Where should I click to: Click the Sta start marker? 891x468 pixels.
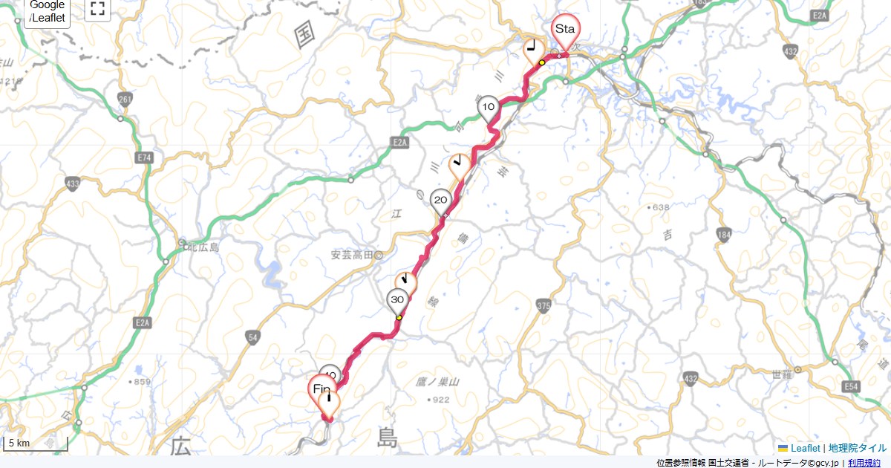coord(565,30)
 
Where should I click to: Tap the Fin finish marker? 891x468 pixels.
coord(322,389)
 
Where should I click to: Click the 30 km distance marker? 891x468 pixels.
coord(397,300)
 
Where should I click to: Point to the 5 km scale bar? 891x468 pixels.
coord(36,444)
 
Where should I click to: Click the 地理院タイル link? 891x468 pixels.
coord(858,448)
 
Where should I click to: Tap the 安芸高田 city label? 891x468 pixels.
coord(351,255)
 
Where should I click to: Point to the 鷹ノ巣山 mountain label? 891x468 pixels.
coord(437,382)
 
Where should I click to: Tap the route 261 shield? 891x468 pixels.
coord(125,99)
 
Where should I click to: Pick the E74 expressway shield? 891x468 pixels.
coord(144,157)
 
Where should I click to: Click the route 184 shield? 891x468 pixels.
coord(724,235)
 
